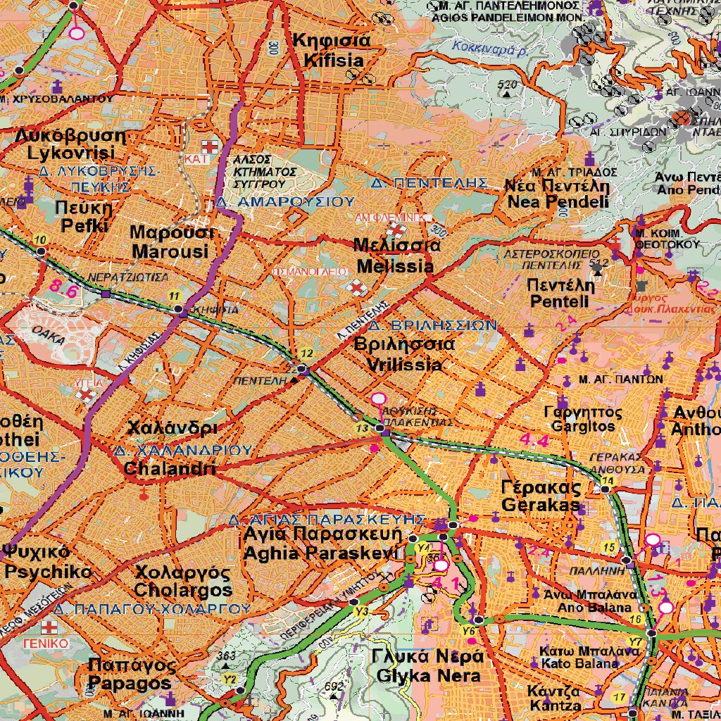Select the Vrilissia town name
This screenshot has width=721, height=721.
[x=399, y=355]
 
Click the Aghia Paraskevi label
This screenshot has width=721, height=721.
[x=320, y=544]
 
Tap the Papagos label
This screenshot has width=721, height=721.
[x=130, y=674]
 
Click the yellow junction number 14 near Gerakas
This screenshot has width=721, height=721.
[x=608, y=480]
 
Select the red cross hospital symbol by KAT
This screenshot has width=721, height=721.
[x=209, y=147]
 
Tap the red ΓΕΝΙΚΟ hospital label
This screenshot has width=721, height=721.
[x=45, y=644]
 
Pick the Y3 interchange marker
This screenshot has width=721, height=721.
[x=362, y=611]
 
